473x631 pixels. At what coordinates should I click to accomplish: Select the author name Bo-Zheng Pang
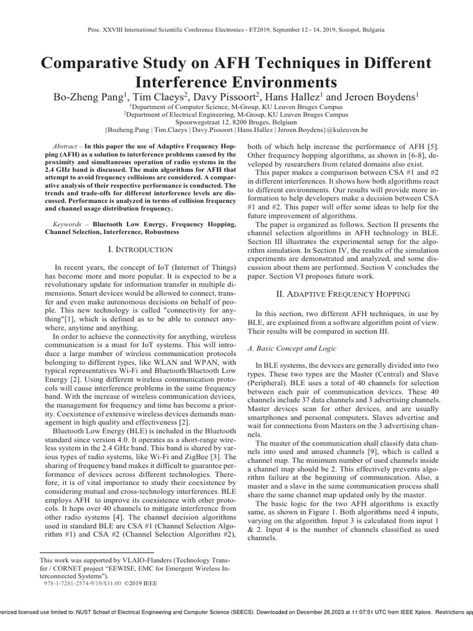(x=85, y=96)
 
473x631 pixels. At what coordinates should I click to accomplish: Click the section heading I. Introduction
(x=141, y=249)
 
